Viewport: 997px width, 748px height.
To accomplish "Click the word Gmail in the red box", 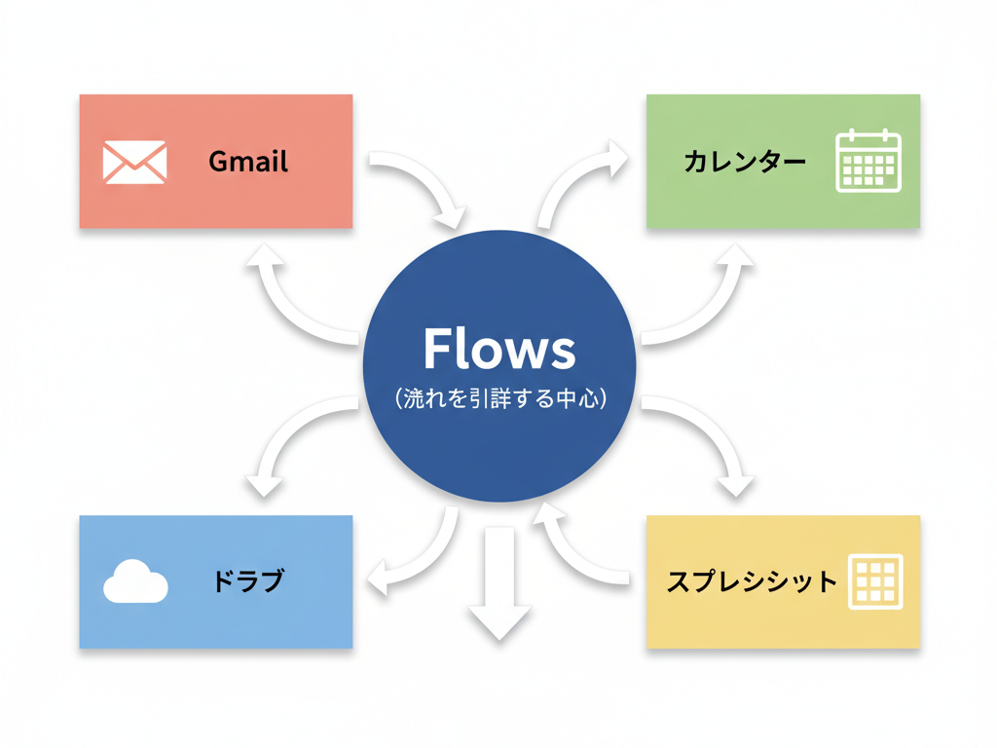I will click(248, 161).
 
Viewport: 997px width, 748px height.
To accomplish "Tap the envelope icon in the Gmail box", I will click(134, 162).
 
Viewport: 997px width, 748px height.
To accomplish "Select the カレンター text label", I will click(745, 162).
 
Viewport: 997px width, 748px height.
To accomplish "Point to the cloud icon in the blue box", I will click(135, 581).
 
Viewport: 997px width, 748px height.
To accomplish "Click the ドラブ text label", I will click(248, 581).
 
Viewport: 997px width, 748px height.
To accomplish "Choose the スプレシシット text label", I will click(752, 582).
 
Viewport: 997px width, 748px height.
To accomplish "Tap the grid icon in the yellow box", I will click(875, 581).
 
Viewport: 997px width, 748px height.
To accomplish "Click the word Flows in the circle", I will click(499, 349).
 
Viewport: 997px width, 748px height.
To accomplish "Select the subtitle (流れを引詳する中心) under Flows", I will click(499, 398).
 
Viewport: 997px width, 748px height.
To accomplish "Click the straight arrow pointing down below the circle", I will click(499, 584).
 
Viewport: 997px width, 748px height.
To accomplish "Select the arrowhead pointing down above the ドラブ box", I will click(265, 481).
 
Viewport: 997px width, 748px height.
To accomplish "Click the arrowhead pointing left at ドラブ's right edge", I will click(384, 580).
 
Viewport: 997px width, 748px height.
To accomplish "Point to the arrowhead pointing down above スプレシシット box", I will click(734, 481).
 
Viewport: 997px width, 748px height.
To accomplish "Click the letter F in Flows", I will click(436, 348).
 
